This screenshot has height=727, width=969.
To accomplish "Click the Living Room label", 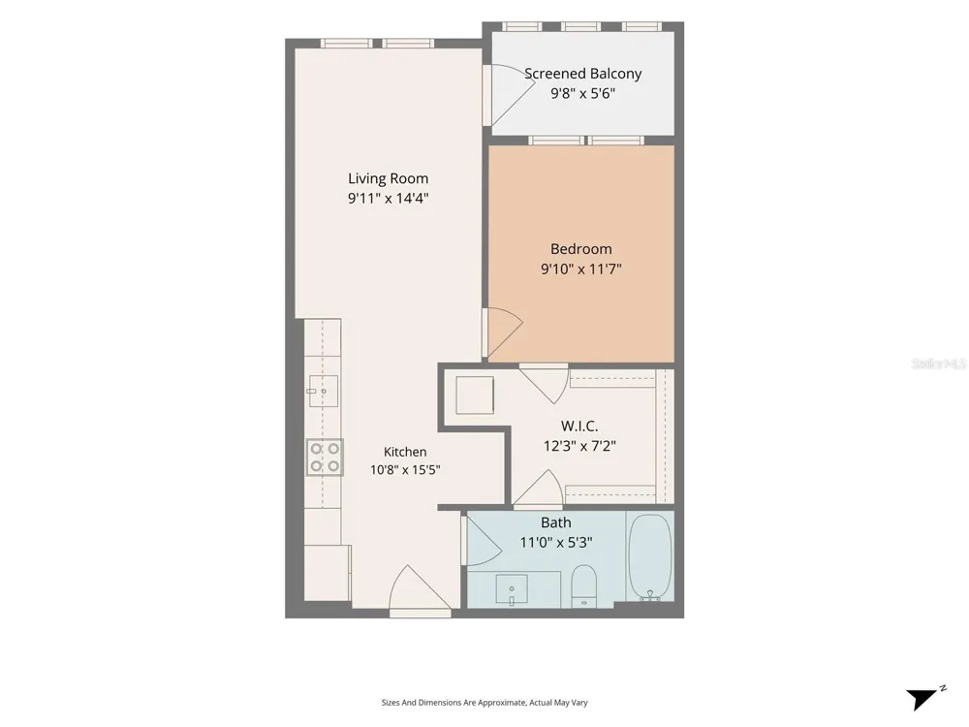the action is (x=389, y=178).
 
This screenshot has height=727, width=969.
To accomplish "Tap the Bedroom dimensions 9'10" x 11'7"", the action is (x=580, y=269).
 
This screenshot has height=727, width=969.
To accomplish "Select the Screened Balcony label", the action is (x=582, y=74).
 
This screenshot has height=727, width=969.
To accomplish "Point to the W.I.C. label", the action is (x=579, y=426).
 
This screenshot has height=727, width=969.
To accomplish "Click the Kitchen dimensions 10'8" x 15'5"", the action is (x=405, y=470).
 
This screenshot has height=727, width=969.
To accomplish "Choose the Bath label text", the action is (x=556, y=523).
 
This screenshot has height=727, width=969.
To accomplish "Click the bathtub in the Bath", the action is (x=650, y=557).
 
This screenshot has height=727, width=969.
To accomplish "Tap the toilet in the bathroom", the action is (x=583, y=586).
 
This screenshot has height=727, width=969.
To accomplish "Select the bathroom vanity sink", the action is (x=512, y=590).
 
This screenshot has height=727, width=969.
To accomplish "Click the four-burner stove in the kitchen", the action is (x=325, y=457).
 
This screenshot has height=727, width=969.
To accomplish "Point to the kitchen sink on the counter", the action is (x=324, y=391).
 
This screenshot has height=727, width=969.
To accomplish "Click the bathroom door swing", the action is (x=483, y=541).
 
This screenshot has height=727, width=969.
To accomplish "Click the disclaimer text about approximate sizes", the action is (x=484, y=702).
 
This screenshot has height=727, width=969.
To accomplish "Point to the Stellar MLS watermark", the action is (x=939, y=363).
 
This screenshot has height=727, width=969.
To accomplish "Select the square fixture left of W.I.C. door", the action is (x=475, y=395).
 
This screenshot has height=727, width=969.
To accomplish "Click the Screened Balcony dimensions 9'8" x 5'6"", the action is (x=582, y=94).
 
